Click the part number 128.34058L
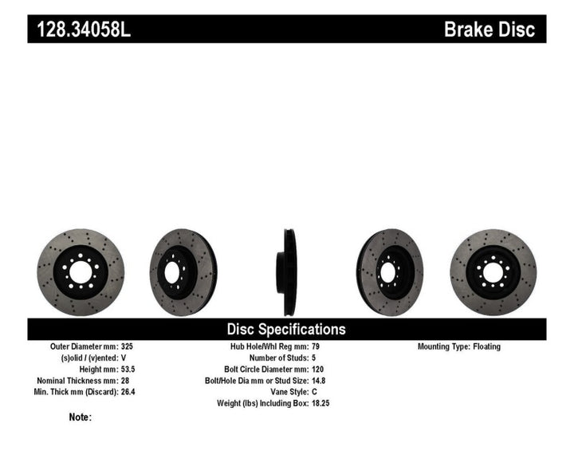[79, 30]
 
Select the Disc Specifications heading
[286, 329]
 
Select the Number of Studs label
[270, 358]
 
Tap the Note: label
[81, 417]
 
